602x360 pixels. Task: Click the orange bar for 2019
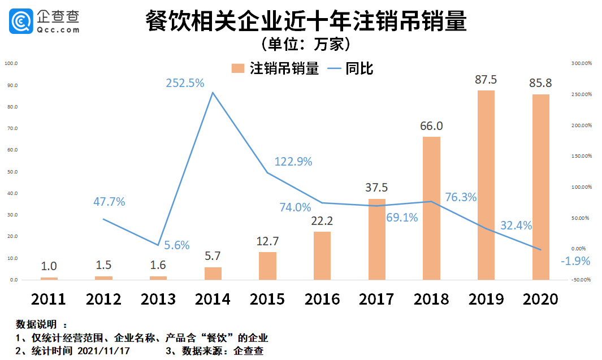click(x=486, y=185)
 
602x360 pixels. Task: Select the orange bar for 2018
click(x=431, y=208)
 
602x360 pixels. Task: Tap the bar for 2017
click(x=376, y=239)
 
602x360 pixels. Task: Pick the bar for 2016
click(x=322, y=255)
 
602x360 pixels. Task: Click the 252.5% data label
click(x=185, y=83)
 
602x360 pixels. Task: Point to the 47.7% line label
click(x=109, y=202)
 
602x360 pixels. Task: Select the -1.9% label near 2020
click(x=575, y=261)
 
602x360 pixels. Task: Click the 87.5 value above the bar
click(x=486, y=80)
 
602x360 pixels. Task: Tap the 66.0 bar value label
click(x=431, y=126)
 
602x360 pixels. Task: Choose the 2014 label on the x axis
click(x=213, y=298)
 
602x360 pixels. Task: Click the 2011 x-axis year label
click(x=49, y=298)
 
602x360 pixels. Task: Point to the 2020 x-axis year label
click(x=540, y=298)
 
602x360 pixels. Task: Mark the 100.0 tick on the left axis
click(x=11, y=63)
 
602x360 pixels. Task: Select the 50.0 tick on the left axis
click(x=11, y=172)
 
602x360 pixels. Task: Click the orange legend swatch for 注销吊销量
click(x=238, y=68)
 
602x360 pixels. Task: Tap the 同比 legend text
click(x=360, y=68)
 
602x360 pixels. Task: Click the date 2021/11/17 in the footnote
click(x=99, y=351)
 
